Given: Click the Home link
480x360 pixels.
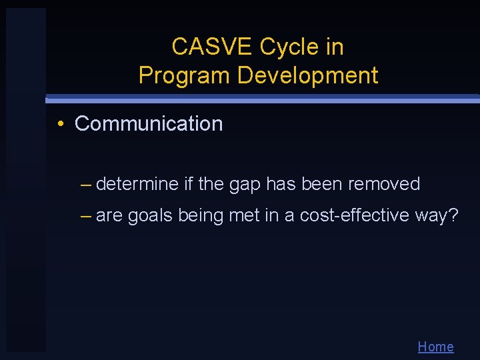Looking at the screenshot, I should point(435,347).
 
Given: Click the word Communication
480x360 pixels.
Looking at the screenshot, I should point(149,124).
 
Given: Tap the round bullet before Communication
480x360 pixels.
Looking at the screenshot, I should point(60,124).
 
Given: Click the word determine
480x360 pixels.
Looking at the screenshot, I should point(137,184).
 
